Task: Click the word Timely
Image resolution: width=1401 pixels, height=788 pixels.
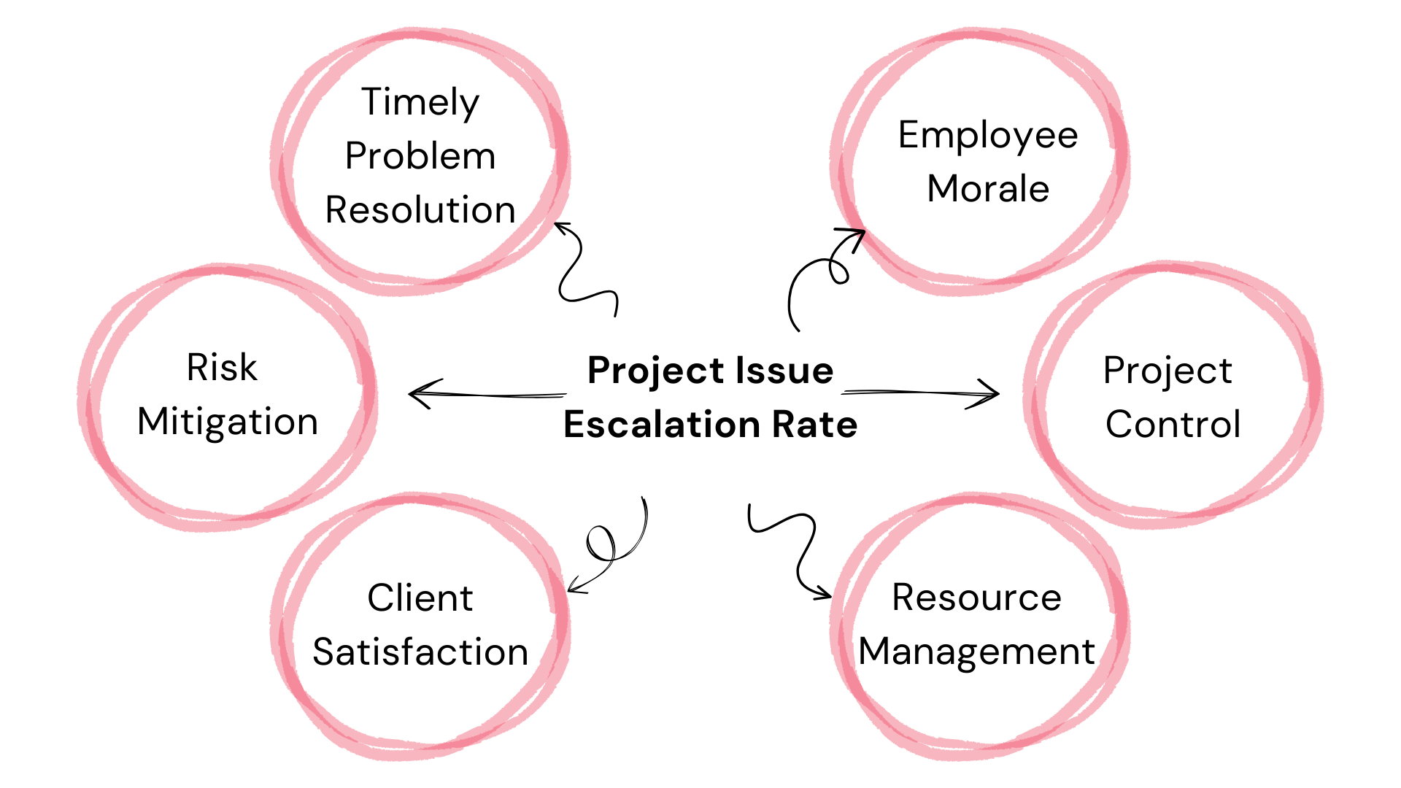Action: coord(420,103)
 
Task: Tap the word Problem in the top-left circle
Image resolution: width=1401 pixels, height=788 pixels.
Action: coord(420,156)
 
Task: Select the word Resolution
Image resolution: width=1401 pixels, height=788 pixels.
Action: coord(420,210)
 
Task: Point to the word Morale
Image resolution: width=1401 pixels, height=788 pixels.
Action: coord(988,189)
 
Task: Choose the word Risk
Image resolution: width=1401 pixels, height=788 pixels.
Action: coord(222,367)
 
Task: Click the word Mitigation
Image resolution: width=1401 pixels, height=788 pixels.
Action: coord(228,422)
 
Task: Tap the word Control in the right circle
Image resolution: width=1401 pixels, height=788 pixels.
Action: coord(1173,425)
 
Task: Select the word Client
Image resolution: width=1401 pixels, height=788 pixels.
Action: coord(420,598)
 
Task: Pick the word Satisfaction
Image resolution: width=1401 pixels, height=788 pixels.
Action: coord(420,652)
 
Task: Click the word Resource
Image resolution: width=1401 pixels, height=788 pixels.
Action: coord(976,598)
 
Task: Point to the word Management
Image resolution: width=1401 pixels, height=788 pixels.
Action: coord(976,652)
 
